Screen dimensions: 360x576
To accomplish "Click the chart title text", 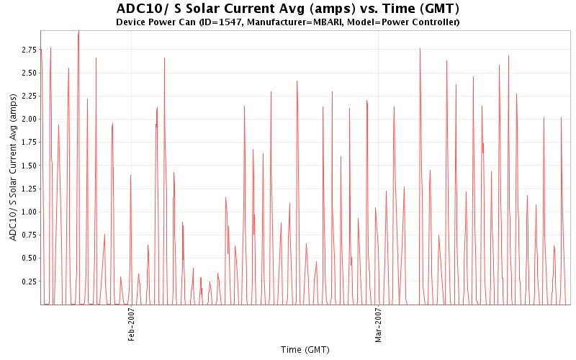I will [287, 9].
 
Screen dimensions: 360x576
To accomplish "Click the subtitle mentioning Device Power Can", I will [287, 22].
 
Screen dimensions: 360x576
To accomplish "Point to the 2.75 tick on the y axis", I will [29, 50].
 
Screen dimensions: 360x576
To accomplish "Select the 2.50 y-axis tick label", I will [29, 73].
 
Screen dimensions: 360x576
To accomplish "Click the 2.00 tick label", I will [29, 119].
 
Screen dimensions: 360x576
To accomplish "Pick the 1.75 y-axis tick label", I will [29, 143].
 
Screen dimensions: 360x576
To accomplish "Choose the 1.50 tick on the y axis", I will [29, 166].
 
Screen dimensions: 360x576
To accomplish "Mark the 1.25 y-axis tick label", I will [29, 189].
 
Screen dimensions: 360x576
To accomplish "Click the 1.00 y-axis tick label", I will [29, 212].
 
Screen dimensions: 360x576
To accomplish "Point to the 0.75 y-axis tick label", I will [29, 235].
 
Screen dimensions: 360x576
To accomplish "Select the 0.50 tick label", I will [29, 258].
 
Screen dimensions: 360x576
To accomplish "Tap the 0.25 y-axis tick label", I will [29, 282].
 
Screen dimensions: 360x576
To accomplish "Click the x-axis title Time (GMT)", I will [305, 350].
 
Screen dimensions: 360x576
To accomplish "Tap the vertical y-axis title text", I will [14, 168].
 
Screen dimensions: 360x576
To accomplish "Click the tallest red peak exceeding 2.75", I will [78, 32].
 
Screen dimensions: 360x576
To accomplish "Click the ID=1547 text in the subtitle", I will [227, 22].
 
